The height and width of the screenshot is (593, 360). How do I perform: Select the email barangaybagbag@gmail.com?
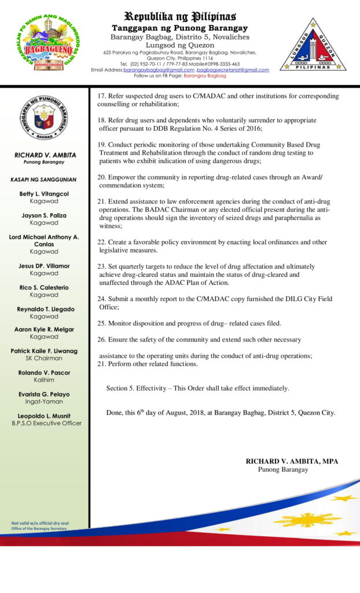click(x=159, y=70)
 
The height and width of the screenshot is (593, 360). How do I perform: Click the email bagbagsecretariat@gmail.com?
click(x=233, y=70)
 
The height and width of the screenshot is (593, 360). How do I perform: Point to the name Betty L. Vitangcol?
click(x=44, y=194)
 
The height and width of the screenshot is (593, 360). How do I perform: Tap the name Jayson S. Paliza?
click(x=44, y=215)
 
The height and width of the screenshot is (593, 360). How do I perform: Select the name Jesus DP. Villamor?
click(x=44, y=266)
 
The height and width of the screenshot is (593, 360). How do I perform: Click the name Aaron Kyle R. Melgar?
click(x=44, y=329)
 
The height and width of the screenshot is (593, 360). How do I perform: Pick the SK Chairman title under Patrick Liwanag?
click(x=44, y=358)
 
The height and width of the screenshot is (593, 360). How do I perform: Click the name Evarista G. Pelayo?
click(x=44, y=394)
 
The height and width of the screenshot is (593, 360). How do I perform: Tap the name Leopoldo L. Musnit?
click(x=44, y=416)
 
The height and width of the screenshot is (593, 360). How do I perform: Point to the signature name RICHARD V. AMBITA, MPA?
click(x=292, y=461)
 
